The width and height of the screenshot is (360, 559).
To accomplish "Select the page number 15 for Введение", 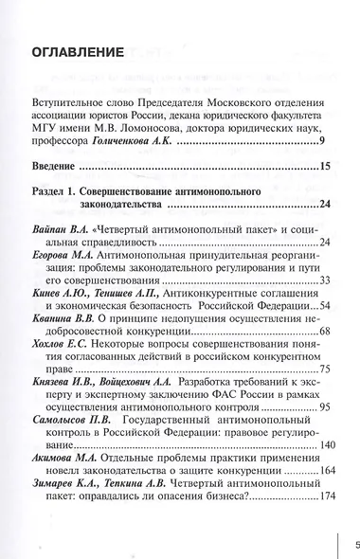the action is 324,168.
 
